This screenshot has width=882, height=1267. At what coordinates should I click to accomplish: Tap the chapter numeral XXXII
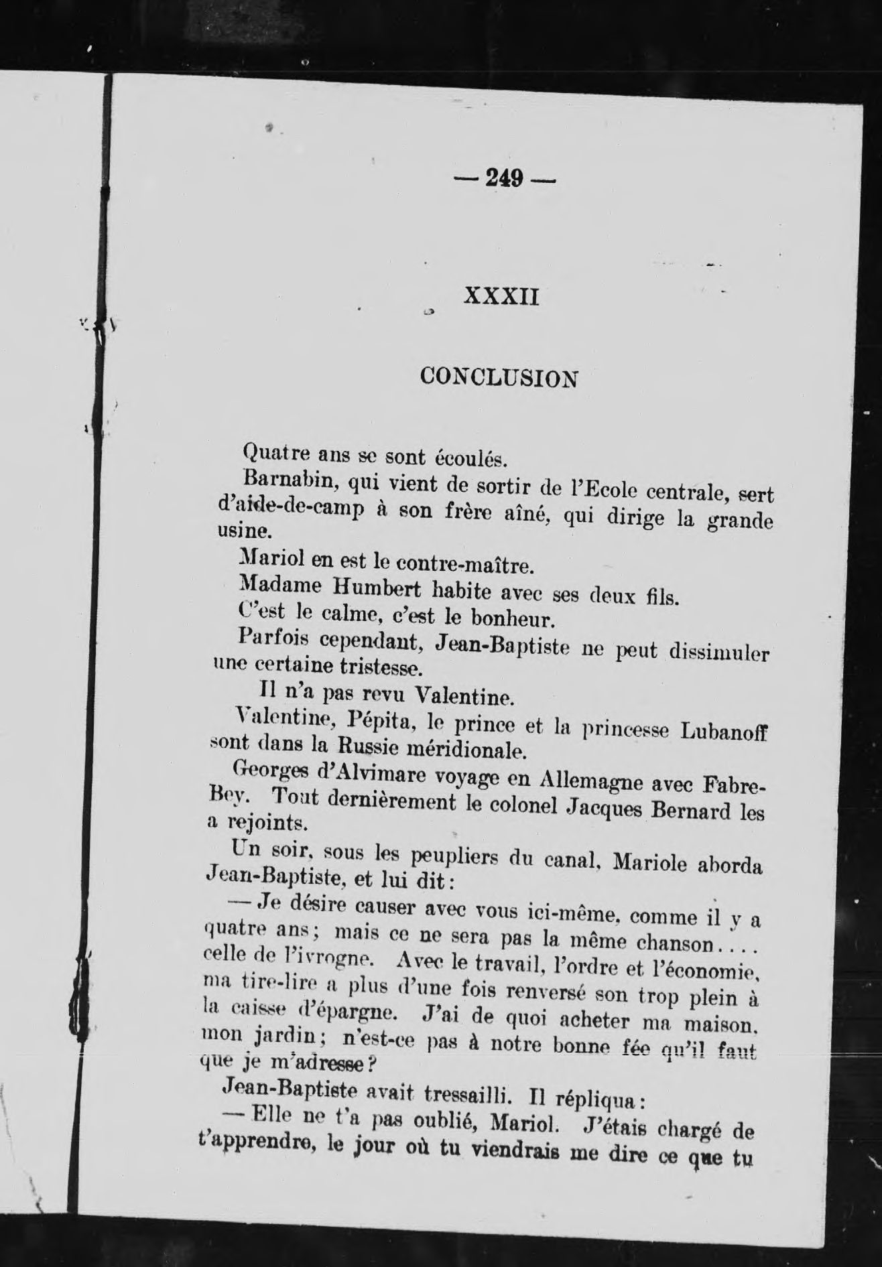pos(501,296)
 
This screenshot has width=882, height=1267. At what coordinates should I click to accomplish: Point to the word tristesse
pos(379,669)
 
